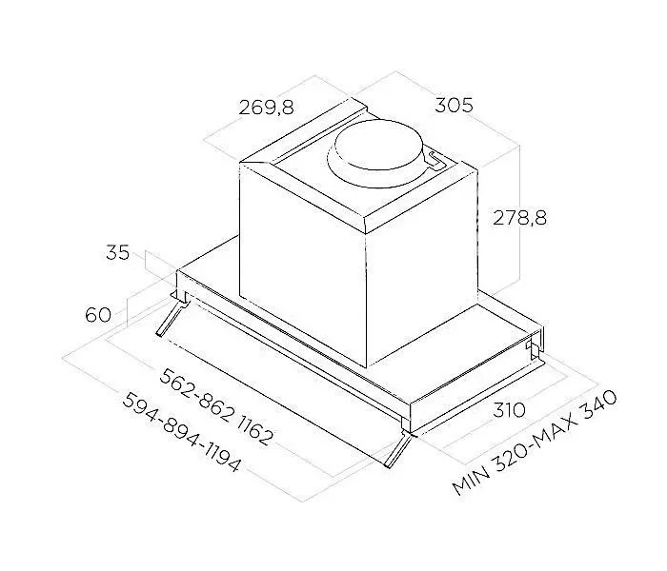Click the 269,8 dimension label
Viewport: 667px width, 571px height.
(x=266, y=107)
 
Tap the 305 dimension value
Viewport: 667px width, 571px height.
(x=454, y=105)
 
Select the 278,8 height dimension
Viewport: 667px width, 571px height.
(x=519, y=218)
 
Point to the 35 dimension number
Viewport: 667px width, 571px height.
(x=117, y=252)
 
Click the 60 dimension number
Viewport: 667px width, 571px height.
(x=98, y=315)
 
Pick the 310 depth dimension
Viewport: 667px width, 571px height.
(x=509, y=410)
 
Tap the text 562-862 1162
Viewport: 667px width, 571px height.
(x=215, y=406)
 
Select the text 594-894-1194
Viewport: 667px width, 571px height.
(x=182, y=432)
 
